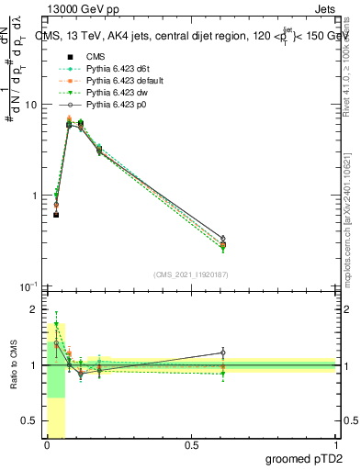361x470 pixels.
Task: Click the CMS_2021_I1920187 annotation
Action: click(190, 274)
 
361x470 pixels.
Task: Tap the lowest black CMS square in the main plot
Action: click(56, 215)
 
